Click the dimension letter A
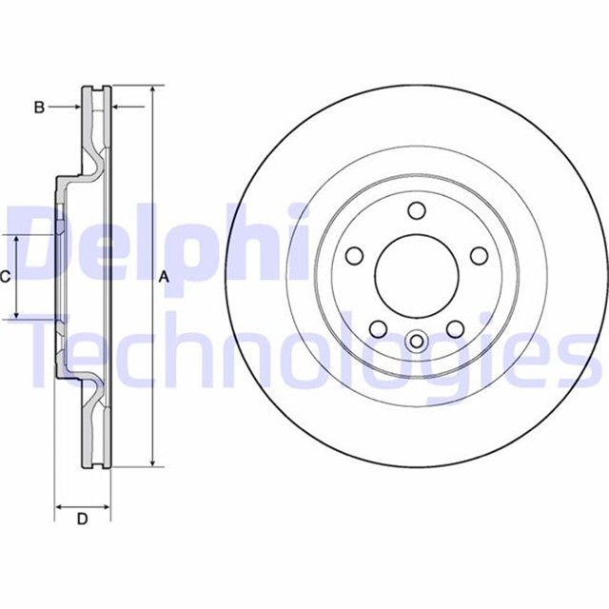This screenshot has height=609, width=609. click(163, 277)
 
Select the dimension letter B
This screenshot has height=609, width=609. click(39, 108)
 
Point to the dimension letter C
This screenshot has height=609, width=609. click(6, 277)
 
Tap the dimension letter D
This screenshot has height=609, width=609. click(82, 519)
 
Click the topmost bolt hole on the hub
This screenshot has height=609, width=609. click(416, 211)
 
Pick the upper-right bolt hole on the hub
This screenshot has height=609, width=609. click(479, 255)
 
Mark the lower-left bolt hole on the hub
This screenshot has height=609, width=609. click(378, 329)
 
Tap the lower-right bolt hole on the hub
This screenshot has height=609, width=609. click(455, 329)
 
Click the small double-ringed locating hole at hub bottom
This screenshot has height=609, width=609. click(416, 340)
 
